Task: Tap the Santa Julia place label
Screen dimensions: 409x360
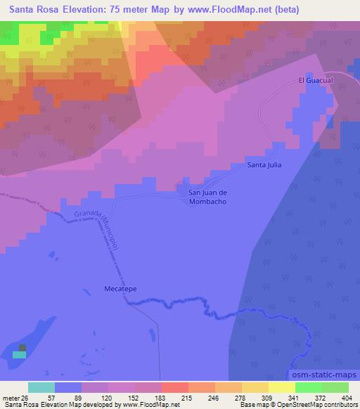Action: [x=264, y=165]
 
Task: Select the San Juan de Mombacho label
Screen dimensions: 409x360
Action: [x=207, y=196]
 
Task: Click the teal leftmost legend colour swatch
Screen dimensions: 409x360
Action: [x=41, y=387]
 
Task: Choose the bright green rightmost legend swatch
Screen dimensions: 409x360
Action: [x=335, y=387]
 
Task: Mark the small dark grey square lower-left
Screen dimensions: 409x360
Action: [x=22, y=347]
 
